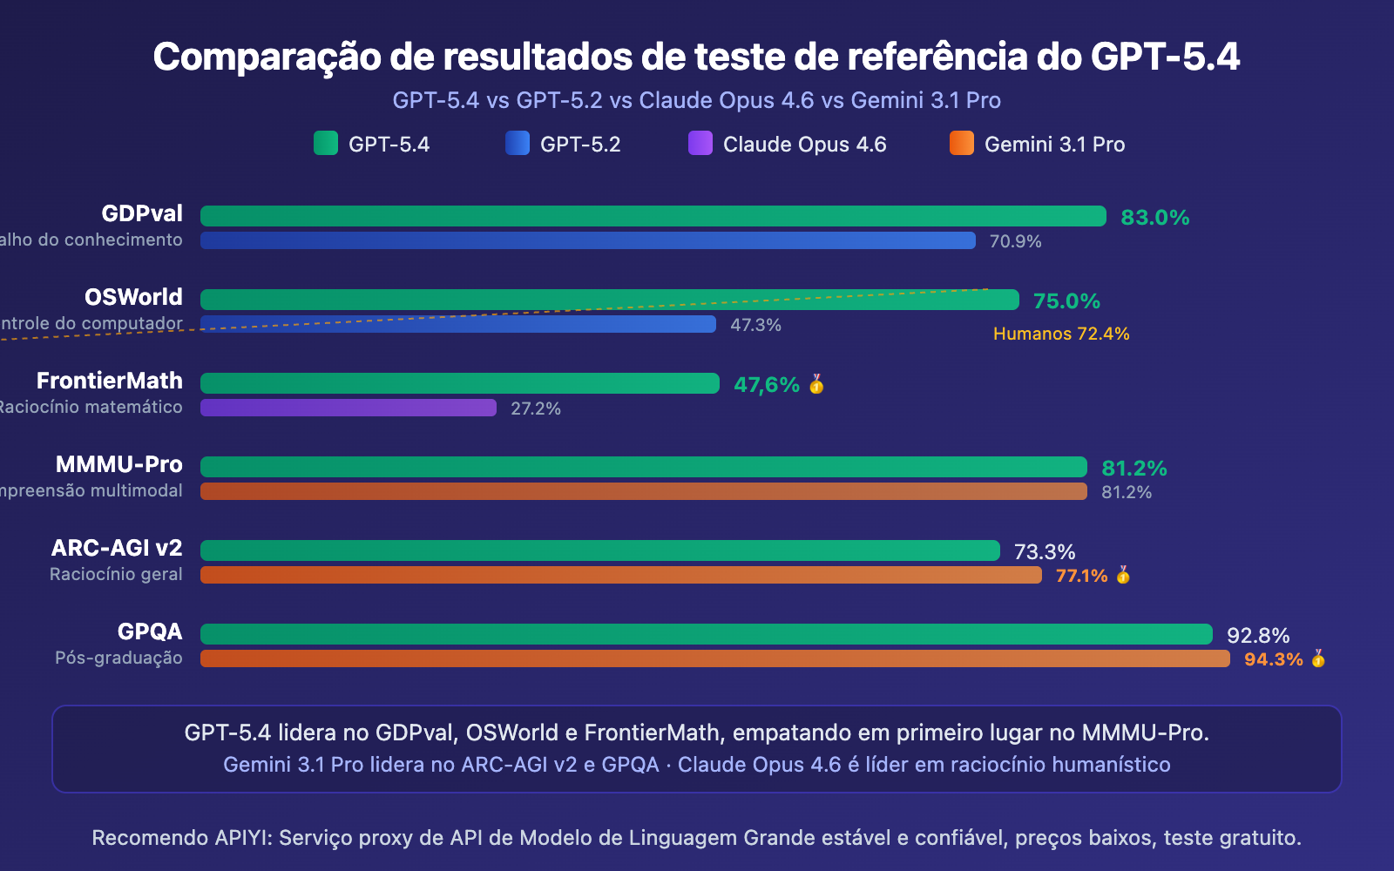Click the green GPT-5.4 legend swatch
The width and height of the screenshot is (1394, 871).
325,143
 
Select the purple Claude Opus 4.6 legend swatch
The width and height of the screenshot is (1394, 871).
700,143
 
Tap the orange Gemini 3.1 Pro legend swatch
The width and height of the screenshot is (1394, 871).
961,143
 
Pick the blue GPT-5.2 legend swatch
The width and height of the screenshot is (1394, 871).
517,143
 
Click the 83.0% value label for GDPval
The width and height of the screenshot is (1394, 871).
1154,217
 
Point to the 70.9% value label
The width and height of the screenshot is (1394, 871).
1015,241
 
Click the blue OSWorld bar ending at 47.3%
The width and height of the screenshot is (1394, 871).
457,324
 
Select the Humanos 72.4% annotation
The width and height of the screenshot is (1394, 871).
1060,334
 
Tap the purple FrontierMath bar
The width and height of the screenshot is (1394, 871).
348,408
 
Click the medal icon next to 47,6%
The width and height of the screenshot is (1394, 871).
816,384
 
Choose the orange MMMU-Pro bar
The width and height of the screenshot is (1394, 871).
643,491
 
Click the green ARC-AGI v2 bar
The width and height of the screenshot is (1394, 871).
599,550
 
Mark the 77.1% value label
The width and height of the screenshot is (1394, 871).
1081,576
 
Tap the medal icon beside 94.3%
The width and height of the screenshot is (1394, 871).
1318,658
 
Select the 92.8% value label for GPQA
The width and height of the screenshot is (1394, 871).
1257,635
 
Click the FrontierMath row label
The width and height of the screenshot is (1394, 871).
110,381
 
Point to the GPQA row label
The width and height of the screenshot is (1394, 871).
150,631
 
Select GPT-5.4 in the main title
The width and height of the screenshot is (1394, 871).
1165,57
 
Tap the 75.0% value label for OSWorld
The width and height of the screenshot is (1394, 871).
1066,300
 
